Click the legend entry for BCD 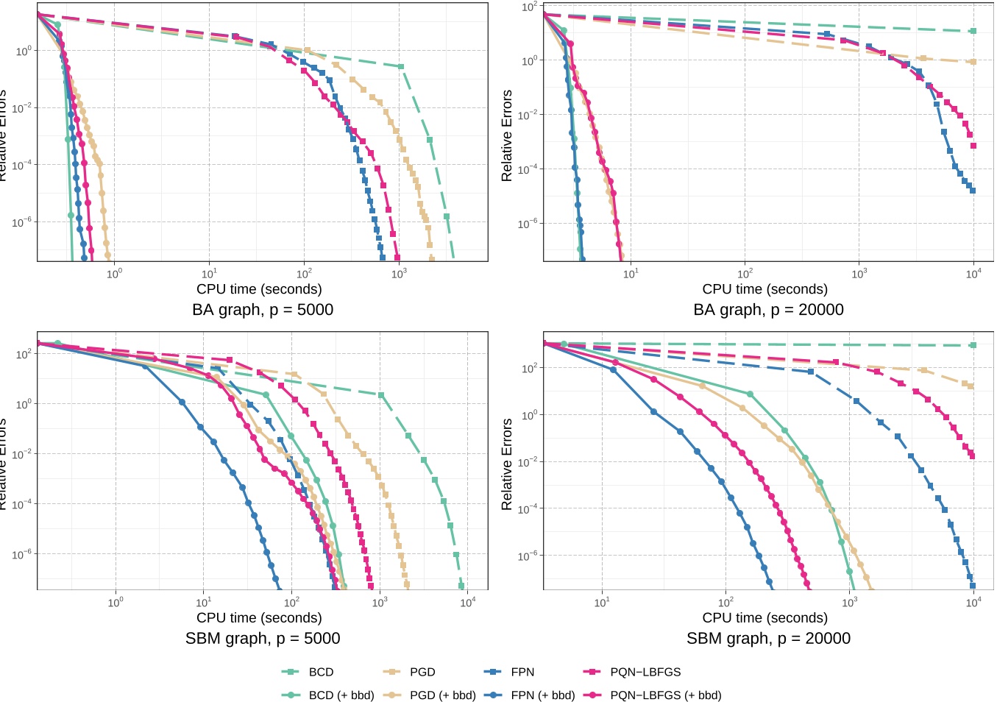click(x=321, y=672)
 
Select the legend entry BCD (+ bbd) click(x=341, y=695)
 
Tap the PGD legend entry click(x=422, y=672)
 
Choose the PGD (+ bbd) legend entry click(x=442, y=695)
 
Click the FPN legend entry click(x=522, y=672)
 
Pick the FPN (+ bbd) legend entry click(x=542, y=695)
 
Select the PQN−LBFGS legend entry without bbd click(x=645, y=672)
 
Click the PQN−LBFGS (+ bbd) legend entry click(x=665, y=695)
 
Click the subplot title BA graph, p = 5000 click(x=263, y=310)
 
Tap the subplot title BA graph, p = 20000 click(x=768, y=310)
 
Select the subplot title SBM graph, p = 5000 click(x=263, y=639)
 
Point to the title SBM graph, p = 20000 click(x=768, y=639)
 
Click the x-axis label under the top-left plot click(x=259, y=289)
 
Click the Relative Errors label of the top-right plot click(x=506, y=136)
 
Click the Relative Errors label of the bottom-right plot click(x=506, y=464)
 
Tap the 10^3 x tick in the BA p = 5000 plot click(x=399, y=274)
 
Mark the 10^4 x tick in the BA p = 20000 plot click(x=973, y=274)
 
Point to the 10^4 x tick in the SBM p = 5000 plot click(x=467, y=603)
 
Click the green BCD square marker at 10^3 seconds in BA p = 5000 click(x=401, y=67)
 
